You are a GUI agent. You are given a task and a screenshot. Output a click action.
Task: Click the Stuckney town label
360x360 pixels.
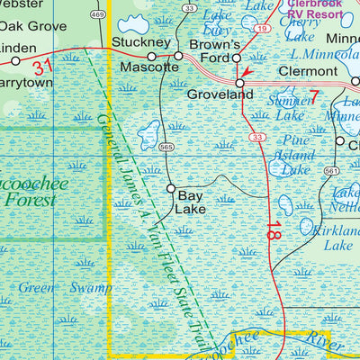click(x=141, y=42)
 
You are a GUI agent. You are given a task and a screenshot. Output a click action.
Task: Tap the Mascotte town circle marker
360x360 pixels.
click(x=151, y=56)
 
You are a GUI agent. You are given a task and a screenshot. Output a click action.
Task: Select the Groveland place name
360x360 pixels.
click(x=215, y=94)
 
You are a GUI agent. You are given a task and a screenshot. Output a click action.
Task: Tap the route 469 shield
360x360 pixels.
click(x=97, y=14)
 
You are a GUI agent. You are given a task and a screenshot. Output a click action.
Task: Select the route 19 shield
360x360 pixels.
click(x=260, y=29)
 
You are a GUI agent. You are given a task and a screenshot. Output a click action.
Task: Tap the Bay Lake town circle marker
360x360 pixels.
click(x=171, y=188)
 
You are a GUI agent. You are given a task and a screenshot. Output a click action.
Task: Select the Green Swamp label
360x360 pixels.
click(x=66, y=288)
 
